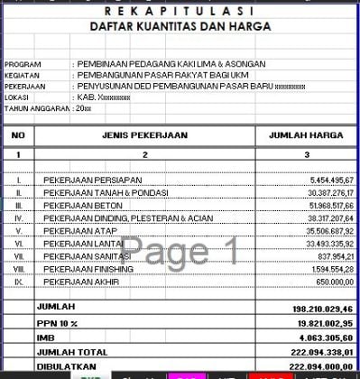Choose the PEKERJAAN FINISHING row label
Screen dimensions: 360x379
tap(87, 269)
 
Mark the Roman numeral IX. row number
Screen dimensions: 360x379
tap(19, 282)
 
